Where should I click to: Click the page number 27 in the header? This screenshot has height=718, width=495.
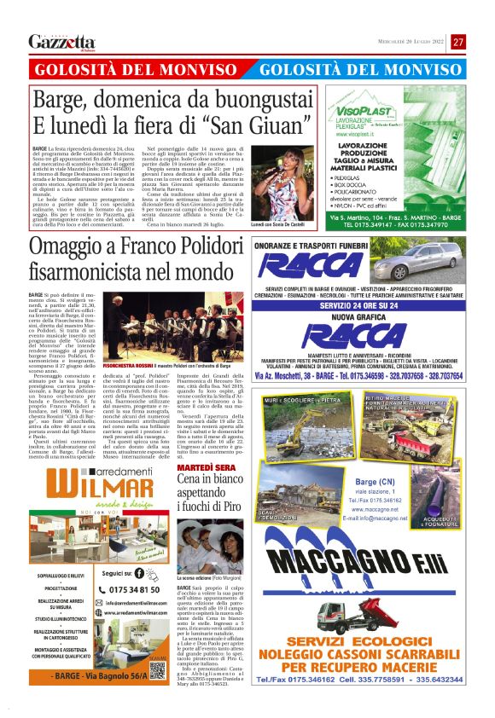pos(458,42)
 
